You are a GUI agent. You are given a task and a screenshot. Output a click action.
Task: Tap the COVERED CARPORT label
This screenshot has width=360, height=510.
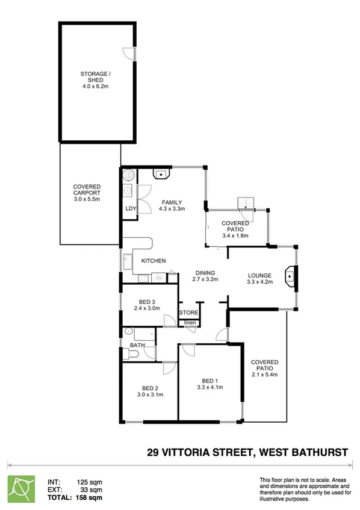click(87, 187)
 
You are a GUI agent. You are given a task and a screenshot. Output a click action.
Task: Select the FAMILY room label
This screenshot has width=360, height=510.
click(171, 202)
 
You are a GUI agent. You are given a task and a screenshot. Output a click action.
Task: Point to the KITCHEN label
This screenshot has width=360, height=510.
click(154, 261)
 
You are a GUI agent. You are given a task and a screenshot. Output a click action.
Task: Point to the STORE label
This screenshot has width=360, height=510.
click(188, 313)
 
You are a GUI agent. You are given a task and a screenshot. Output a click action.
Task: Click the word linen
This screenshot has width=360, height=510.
click(189, 323)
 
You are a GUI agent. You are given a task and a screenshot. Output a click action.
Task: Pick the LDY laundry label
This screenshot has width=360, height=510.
click(131, 209)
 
